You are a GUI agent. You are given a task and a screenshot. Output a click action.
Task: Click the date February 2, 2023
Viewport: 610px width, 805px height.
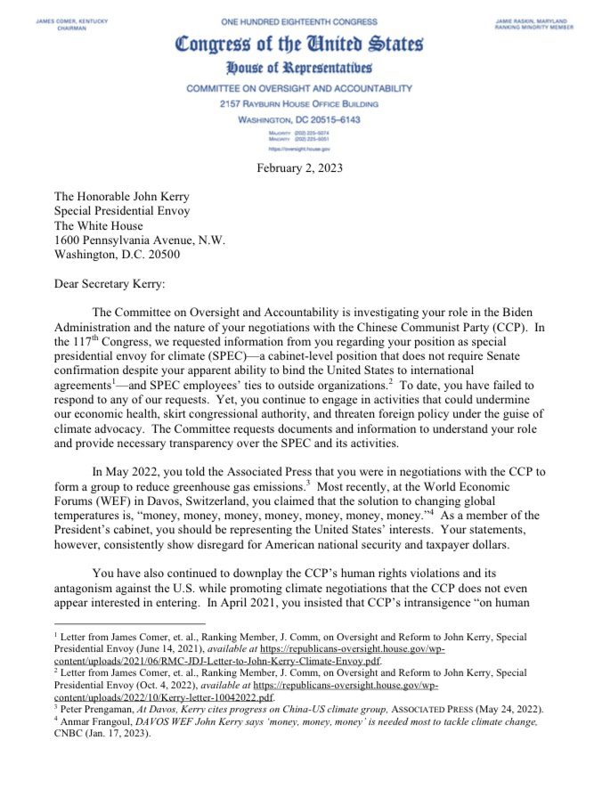[x=299, y=167]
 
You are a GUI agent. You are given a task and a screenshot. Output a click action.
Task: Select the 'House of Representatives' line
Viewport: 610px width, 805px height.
[x=299, y=68]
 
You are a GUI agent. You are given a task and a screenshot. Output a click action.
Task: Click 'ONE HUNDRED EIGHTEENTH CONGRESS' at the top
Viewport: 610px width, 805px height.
[x=299, y=20]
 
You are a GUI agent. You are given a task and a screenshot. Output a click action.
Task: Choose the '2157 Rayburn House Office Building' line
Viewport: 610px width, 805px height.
[x=299, y=103]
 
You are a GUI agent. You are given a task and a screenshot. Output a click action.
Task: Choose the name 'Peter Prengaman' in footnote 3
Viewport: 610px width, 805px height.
[x=98, y=709]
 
